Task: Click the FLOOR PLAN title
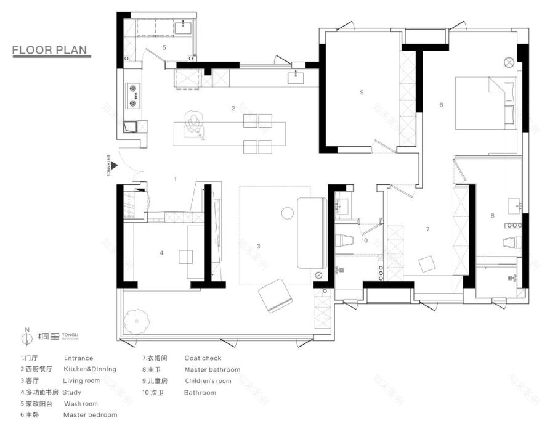click(51, 49)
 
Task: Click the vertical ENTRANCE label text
click(108, 165)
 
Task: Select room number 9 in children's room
click(362, 92)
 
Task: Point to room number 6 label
click(441, 105)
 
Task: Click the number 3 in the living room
click(258, 246)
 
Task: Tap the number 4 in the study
click(161, 252)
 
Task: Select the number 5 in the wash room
click(164, 47)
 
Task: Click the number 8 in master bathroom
click(492, 215)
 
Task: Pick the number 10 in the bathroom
click(365, 240)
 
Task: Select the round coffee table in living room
click(287, 213)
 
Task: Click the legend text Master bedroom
click(90, 415)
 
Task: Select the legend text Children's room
click(208, 381)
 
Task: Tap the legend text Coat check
click(203, 358)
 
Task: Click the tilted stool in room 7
click(427, 264)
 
